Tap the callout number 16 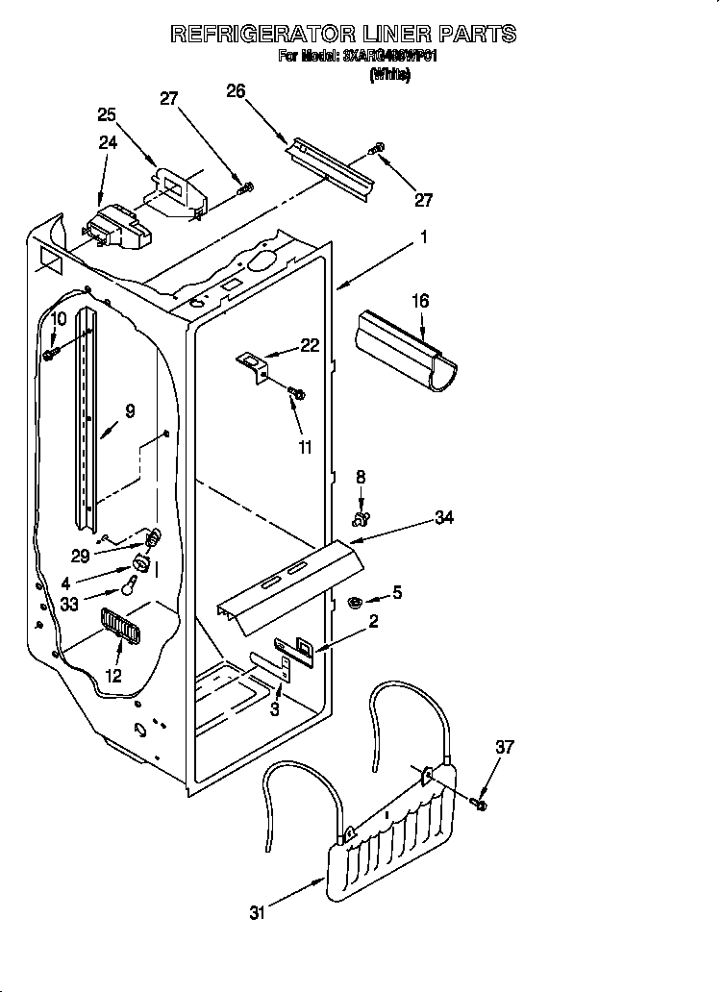tap(420, 302)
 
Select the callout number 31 tap(256, 912)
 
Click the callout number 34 tap(443, 518)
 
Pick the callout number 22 tap(309, 346)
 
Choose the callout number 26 tap(236, 91)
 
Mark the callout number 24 tap(108, 142)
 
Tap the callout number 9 tap(130, 411)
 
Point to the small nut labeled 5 tap(354, 603)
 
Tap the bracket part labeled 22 tap(253, 365)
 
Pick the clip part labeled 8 tap(361, 519)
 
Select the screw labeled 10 tap(49, 355)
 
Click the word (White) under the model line tap(389, 75)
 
